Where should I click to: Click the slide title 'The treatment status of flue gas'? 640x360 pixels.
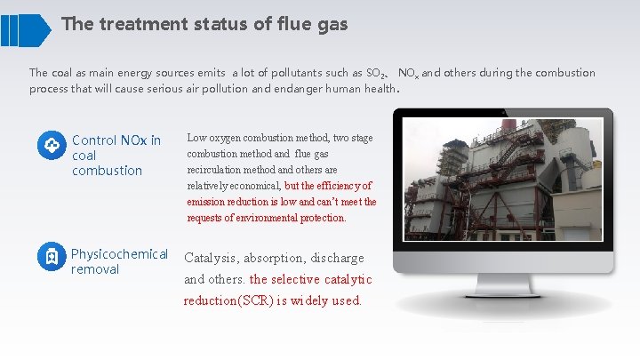(x=204, y=24)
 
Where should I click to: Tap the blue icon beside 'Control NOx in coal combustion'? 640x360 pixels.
(x=51, y=145)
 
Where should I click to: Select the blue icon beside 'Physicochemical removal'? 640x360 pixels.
(x=51, y=258)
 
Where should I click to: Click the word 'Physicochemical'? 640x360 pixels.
(x=119, y=255)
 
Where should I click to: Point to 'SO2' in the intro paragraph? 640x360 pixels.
(x=378, y=73)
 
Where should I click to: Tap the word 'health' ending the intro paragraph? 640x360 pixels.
(x=377, y=89)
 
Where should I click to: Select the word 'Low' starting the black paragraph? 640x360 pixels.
(x=196, y=139)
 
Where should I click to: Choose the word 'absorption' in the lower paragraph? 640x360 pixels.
(x=284, y=258)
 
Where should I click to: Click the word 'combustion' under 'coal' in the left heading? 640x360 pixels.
(x=107, y=171)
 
